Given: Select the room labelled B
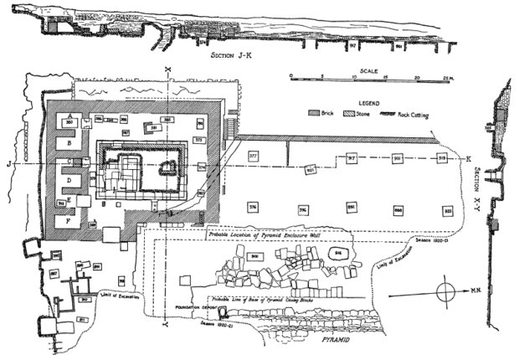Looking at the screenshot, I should (64, 143).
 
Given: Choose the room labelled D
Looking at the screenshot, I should (64, 180).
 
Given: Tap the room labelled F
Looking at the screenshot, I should (65, 222).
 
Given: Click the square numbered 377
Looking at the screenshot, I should (253, 157).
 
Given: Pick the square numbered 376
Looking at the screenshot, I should (253, 207).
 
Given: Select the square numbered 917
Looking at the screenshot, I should (352, 158).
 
